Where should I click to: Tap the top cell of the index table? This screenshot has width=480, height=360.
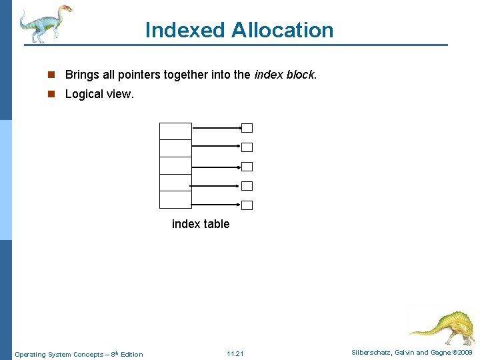click(175, 131)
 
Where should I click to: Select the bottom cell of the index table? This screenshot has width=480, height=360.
click(175, 200)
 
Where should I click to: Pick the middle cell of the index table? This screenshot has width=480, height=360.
click(175, 165)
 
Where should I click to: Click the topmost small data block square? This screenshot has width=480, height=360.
click(247, 128)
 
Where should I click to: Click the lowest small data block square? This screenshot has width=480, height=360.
click(247, 205)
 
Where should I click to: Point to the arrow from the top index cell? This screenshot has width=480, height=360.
click(216, 127)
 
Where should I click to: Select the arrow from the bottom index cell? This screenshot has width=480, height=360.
click(216, 203)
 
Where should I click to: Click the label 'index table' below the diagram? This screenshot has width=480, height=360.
click(201, 224)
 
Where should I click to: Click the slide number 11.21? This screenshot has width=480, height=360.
click(235, 353)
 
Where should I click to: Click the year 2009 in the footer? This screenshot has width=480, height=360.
click(464, 353)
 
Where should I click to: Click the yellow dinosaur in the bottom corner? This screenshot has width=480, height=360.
click(443, 326)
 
